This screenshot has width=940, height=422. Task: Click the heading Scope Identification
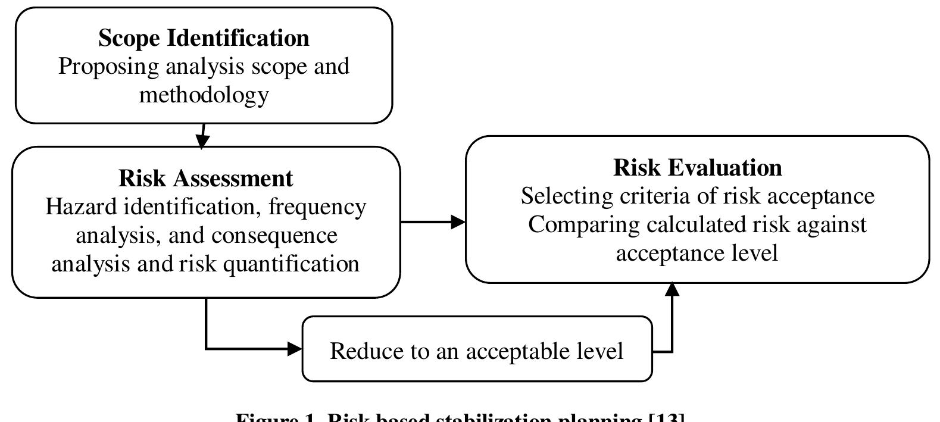(x=204, y=38)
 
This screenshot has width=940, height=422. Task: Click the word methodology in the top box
(x=204, y=95)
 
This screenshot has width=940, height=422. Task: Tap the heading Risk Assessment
(x=205, y=179)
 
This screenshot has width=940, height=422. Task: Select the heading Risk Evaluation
(x=697, y=168)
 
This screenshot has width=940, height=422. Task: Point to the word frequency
(x=317, y=207)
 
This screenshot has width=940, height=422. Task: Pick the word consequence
(x=274, y=236)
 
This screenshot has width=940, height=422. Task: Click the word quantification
(x=291, y=264)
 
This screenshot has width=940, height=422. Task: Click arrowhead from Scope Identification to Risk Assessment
(x=202, y=141)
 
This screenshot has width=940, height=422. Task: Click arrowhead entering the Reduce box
(x=295, y=349)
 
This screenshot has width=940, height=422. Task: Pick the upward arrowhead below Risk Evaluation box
(x=672, y=289)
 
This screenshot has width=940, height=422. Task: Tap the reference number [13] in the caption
(x=665, y=417)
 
